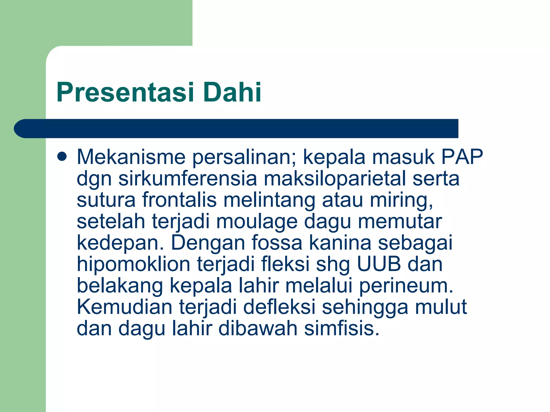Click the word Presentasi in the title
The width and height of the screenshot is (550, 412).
click(125, 93)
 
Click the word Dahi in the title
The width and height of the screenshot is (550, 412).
click(232, 93)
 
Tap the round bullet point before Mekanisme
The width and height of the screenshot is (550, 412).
click(62, 157)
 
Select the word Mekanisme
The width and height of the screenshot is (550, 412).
click(131, 157)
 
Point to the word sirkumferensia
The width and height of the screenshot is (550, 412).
click(187, 179)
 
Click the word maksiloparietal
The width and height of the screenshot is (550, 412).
click(335, 179)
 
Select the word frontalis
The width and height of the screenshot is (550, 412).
click(179, 200)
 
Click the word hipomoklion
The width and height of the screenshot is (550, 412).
click(134, 264)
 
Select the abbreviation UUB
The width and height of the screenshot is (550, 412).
click(379, 264)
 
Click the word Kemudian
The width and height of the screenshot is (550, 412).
click(124, 307)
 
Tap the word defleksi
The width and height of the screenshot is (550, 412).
click(279, 307)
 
